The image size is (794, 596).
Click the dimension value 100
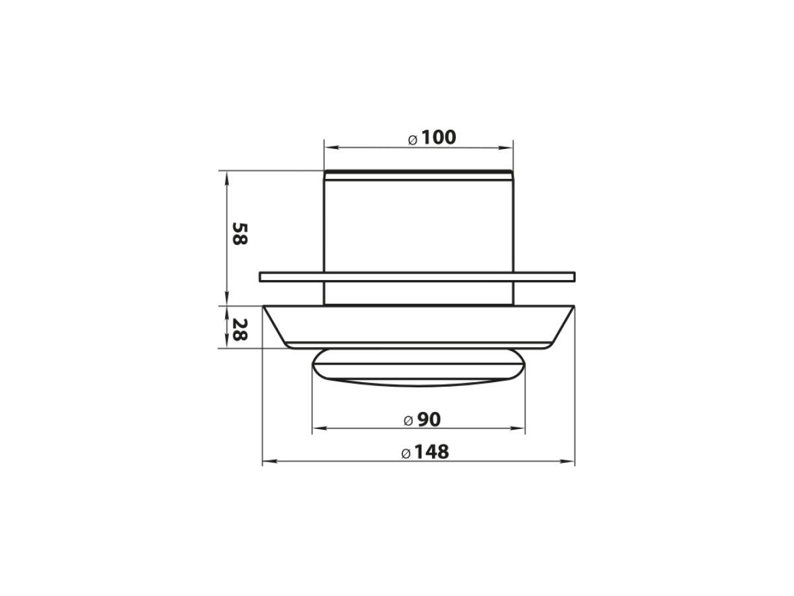tap(439, 138)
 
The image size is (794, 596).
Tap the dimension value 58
tap(240, 234)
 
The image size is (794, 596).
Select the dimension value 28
tap(240, 330)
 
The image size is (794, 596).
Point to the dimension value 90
tap(429, 420)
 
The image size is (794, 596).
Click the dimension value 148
tap(431, 452)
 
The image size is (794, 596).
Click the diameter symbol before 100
tap(413, 140)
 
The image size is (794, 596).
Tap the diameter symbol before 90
tap(408, 421)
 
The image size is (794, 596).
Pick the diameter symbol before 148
tap(406, 454)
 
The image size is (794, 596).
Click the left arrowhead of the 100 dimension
tap(331, 148)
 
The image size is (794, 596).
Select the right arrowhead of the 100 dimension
tap(506, 148)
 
